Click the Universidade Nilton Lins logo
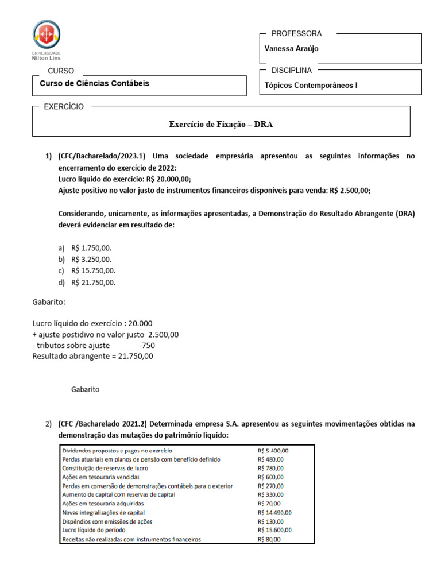(x=47, y=40)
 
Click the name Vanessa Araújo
(x=291, y=49)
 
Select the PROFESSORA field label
(x=296, y=34)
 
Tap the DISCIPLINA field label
(x=291, y=71)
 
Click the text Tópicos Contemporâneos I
(x=311, y=86)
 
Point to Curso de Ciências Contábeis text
(x=94, y=84)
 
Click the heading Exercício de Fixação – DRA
(x=220, y=124)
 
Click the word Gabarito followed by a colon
(x=49, y=302)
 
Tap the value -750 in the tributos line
(x=147, y=346)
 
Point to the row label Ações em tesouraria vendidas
(x=100, y=477)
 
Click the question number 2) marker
(x=48, y=424)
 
